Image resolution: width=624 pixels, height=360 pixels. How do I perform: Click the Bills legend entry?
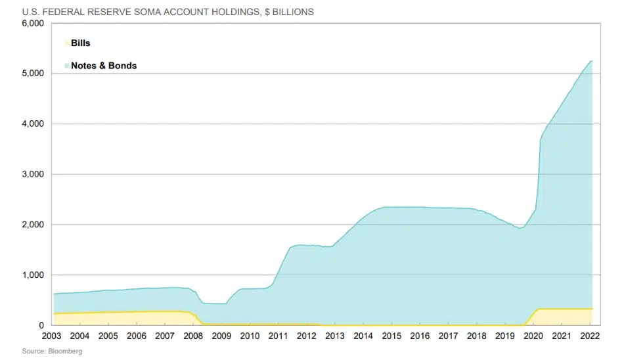80,43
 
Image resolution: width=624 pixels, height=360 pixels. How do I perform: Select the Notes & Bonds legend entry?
103,66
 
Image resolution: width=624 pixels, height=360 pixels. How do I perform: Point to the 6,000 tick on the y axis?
33,24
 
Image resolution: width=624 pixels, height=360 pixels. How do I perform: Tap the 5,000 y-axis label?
33,74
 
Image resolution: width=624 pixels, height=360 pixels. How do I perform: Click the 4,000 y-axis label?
33,124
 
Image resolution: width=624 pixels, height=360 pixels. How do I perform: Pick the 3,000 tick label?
33,175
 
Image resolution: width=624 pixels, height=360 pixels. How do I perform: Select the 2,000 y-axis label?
33,225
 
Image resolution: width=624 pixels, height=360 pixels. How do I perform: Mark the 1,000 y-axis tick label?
33,275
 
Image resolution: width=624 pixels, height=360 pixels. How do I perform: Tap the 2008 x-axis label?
193,336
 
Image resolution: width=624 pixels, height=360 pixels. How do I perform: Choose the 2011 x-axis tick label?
279,336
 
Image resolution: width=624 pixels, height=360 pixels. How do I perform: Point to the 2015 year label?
391,336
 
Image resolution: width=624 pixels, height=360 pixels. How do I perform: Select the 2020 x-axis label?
533,336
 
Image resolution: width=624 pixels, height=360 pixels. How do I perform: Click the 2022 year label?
589,336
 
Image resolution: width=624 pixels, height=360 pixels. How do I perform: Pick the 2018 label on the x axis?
476,336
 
